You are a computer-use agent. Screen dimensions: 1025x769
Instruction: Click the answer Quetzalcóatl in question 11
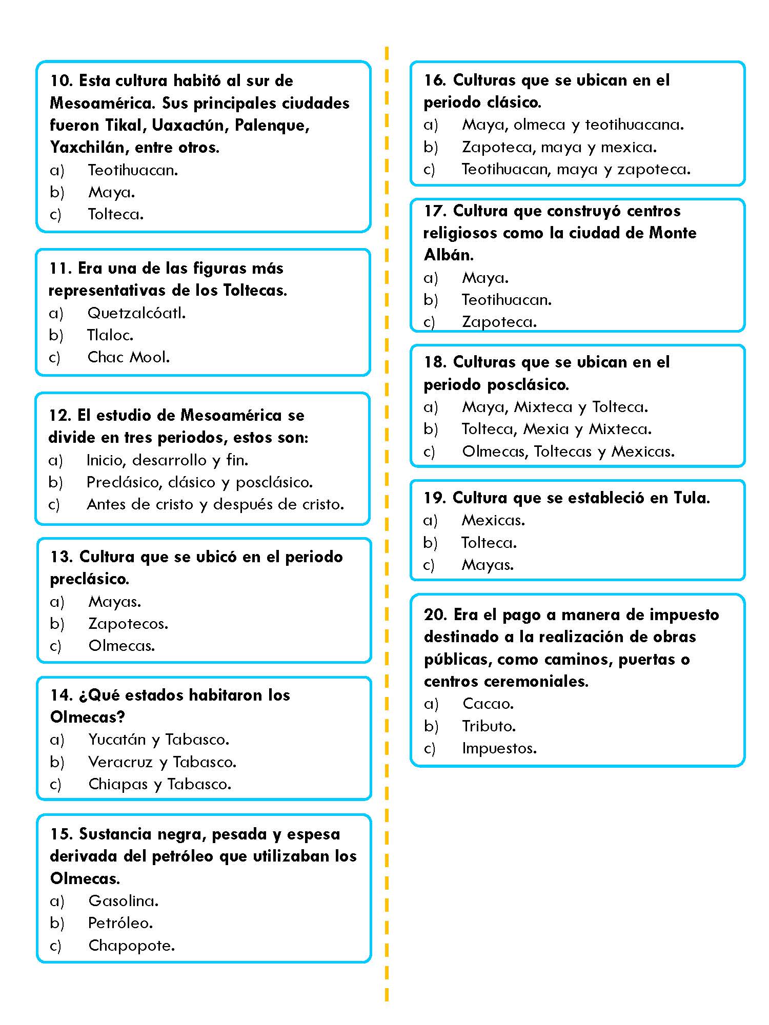coord(136,313)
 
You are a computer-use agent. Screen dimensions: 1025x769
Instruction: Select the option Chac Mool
coord(128,357)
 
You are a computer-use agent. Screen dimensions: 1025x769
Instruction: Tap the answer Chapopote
coord(131,946)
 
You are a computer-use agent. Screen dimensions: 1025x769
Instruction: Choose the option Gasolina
coord(123,900)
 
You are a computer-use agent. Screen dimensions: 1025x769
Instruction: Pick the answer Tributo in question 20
coord(489,726)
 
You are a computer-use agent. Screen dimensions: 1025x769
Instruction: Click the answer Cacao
coord(488,704)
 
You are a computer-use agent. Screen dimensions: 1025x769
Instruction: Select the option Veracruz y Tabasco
coord(162,762)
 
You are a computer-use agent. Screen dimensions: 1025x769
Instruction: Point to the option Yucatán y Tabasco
coord(158,740)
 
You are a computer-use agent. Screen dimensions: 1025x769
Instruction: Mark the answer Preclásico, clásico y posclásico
coord(199,482)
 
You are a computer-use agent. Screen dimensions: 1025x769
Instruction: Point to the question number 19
coord(435,498)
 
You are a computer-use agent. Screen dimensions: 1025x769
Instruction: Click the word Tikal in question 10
coord(123,126)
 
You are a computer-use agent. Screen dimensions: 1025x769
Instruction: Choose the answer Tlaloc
coord(110,335)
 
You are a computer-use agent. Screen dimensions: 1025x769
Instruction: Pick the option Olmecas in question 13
coord(122,646)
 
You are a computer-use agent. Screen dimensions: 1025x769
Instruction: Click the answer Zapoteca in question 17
coord(499,322)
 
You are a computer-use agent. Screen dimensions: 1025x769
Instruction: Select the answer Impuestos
coord(499,748)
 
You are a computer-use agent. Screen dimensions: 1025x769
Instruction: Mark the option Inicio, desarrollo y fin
coord(167,460)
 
